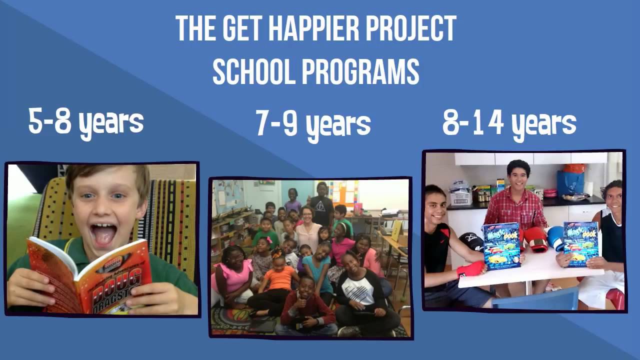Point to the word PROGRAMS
click(360, 72)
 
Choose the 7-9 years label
click(313, 124)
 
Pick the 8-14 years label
click(509, 123)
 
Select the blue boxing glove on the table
click(556, 237)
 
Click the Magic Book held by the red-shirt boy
click(501, 246)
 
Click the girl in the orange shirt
click(280, 277)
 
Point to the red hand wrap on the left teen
click(471, 268)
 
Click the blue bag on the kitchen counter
click(570, 182)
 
